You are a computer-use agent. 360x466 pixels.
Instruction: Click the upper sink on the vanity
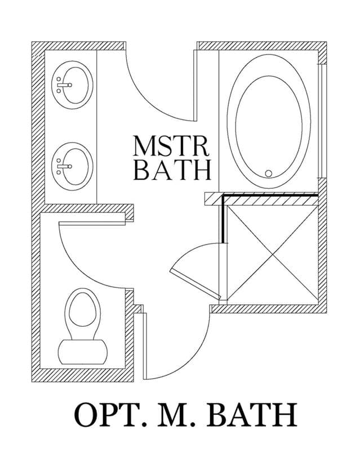coord(72,85)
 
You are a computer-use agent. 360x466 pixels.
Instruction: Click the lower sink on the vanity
coord(72,166)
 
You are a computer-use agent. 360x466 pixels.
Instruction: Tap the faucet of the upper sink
coord(64,85)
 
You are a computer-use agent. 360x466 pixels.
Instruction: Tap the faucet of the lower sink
coord(64,166)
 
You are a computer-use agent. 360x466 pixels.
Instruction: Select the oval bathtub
coord(269,121)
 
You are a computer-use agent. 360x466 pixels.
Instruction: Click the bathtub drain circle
coord(269,174)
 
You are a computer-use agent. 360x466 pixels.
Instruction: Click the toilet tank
coord(82,352)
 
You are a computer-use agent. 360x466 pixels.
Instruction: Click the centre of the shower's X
coord(272,254)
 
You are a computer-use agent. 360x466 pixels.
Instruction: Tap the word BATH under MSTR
coord(172,170)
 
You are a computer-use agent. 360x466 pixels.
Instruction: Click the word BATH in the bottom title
coord(252,415)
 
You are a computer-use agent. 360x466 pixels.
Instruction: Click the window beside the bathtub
coord(322,121)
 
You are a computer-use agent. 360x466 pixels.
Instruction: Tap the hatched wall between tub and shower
coord(261,199)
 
